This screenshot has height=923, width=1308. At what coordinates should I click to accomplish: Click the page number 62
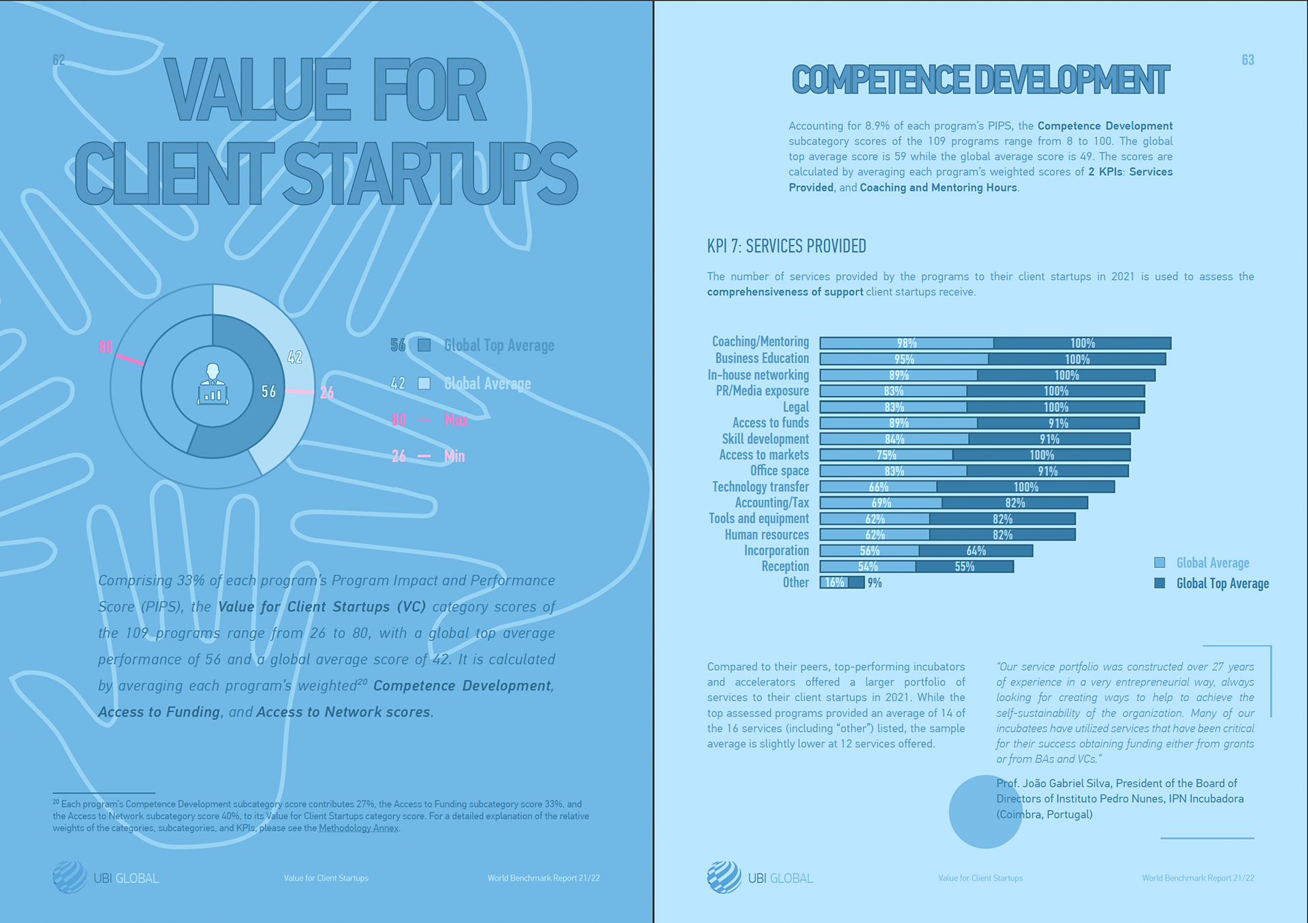tap(59, 60)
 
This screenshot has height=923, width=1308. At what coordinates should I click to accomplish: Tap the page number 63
tap(1247, 60)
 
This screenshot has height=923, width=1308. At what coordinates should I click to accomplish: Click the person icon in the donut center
tap(213, 385)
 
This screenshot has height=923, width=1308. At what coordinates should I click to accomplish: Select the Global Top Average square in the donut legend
tap(424, 345)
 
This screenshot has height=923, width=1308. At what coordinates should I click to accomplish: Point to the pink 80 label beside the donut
tap(105, 347)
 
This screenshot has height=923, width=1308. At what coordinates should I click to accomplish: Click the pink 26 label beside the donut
tap(327, 392)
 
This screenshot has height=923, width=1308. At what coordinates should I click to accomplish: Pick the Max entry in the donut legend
tap(456, 420)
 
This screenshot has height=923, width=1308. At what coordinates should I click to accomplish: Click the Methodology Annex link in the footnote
tap(358, 828)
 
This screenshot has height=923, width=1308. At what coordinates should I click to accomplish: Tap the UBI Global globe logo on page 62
tap(69, 877)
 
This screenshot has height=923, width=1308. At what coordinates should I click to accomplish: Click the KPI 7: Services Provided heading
tap(786, 246)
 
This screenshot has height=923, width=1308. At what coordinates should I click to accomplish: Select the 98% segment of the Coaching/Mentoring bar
tap(906, 343)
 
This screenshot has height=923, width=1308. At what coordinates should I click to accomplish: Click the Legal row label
tap(795, 407)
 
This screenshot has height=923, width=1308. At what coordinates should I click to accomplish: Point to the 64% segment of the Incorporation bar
tap(976, 550)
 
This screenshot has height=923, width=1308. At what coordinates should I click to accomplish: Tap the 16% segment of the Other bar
tap(834, 582)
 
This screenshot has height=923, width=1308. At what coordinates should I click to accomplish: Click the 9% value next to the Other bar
tap(875, 582)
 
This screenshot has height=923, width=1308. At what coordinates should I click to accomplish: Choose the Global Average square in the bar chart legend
tap(1159, 563)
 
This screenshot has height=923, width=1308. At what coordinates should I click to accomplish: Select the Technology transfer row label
tap(760, 486)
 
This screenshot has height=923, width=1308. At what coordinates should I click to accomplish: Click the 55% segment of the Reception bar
tap(964, 567)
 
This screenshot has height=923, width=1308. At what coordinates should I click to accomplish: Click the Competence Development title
tap(980, 80)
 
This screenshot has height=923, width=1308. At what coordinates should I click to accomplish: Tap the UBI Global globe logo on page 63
tap(723, 877)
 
